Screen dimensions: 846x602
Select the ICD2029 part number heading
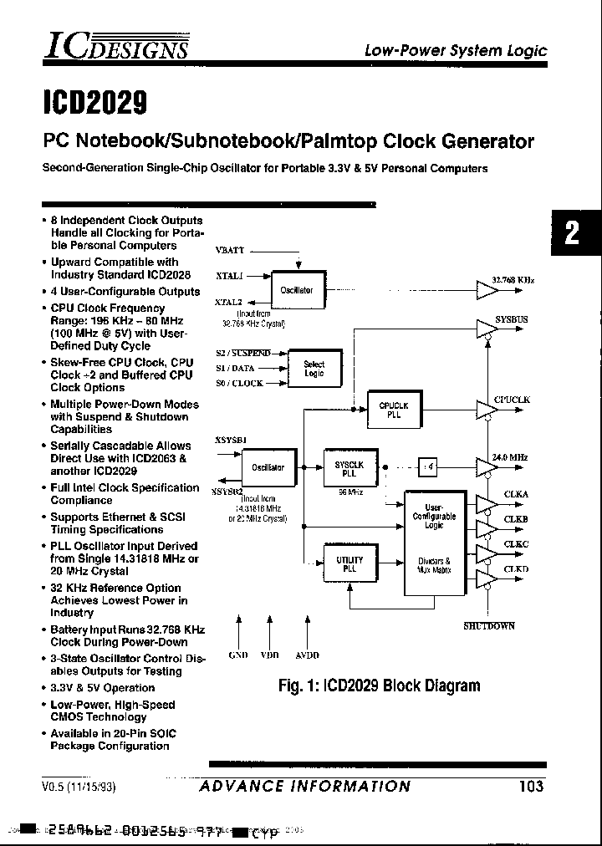pos(94,102)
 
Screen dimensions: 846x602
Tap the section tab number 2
pos(573,232)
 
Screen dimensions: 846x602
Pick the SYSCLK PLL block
pos(349,468)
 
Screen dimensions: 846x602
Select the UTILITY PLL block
pos(349,564)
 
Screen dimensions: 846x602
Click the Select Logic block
pos(314,369)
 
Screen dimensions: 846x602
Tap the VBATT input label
pos(230,250)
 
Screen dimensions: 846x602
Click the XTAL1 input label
pos(229,275)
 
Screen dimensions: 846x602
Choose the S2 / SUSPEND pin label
pos(243,353)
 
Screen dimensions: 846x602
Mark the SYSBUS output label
pos(511,319)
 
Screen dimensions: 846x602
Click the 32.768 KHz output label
pos(513,280)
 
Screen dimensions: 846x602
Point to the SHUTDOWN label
pos(489,626)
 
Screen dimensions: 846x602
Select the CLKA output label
pos(516,494)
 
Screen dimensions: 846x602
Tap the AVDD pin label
pos(308,655)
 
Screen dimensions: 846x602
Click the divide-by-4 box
pos(427,467)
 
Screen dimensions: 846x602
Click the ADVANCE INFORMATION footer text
pos(305,786)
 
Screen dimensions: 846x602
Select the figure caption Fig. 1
pos(379,686)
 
